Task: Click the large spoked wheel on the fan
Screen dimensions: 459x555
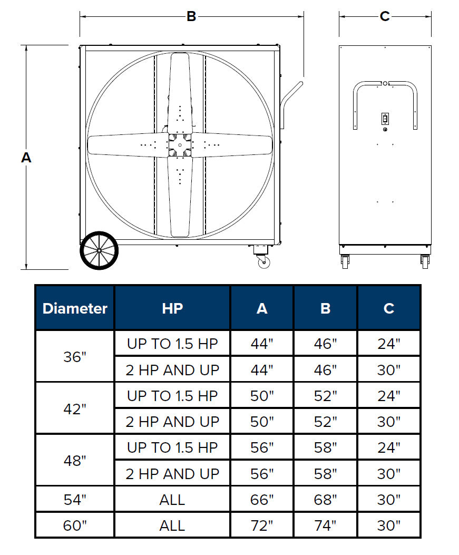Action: (99, 250)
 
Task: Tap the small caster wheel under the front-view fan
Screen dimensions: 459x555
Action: (263, 262)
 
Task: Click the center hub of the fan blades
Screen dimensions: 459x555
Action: (180, 145)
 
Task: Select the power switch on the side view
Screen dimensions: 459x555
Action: (385, 119)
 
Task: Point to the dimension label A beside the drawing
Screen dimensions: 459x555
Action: (26, 158)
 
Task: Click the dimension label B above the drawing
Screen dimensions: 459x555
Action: (191, 17)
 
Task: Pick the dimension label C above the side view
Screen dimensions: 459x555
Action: (385, 17)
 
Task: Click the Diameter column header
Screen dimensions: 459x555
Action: (75, 309)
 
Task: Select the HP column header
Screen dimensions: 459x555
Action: (172, 309)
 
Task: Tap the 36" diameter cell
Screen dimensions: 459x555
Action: (75, 357)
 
